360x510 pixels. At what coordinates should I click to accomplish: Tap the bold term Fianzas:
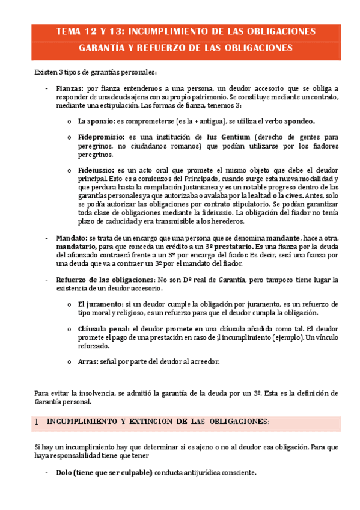(69, 88)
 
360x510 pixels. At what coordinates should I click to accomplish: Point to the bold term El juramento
(102, 304)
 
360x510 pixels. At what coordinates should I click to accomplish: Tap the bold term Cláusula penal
(103, 329)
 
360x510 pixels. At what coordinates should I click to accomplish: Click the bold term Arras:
(88, 361)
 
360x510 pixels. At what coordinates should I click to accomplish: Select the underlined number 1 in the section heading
(37, 422)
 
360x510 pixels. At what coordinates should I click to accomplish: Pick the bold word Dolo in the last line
(64, 473)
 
